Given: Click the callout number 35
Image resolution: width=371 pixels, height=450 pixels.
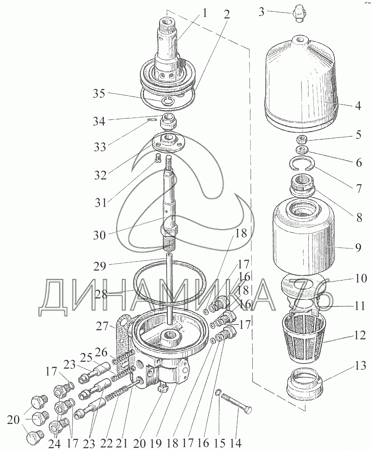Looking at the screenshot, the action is coord(99,94).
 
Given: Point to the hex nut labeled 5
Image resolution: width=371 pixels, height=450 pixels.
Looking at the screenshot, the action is coord(302,140).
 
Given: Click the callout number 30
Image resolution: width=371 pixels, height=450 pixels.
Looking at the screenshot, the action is coord(99,235).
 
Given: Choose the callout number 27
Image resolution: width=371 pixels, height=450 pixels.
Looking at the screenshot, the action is coord(102,327).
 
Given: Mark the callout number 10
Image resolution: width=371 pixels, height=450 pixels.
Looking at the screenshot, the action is coord(359,279).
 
